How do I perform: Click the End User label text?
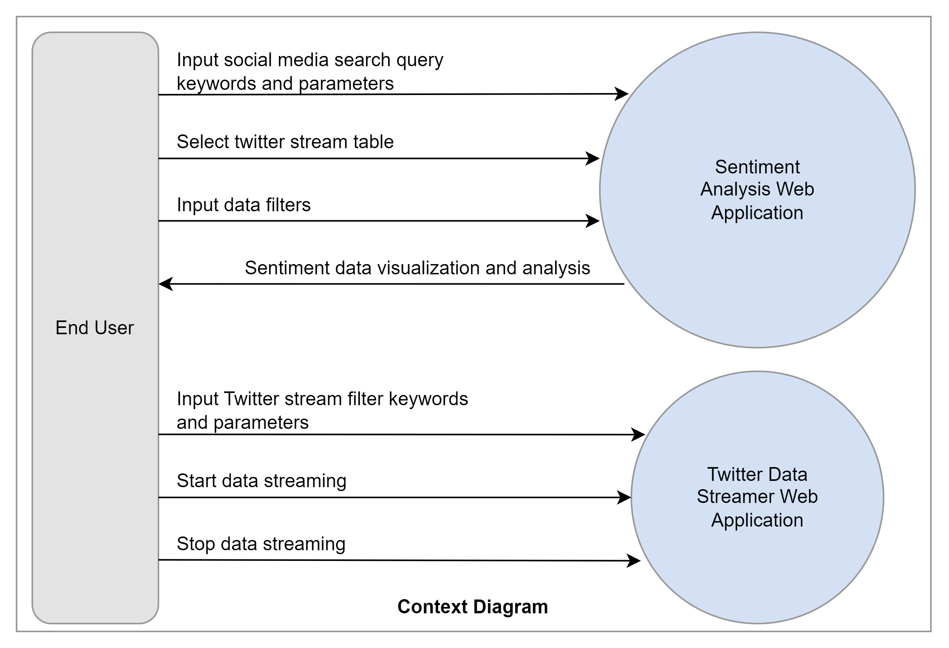[x=94, y=328]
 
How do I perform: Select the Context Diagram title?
[x=473, y=607]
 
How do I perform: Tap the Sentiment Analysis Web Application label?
[x=757, y=190]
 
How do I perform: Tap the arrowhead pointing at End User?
[x=165, y=284]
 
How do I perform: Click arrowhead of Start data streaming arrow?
[x=625, y=497]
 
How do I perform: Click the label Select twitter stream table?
[x=285, y=142]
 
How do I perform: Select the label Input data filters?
[x=244, y=205]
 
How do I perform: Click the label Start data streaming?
[x=261, y=481]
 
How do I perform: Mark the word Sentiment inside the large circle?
[x=757, y=167]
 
